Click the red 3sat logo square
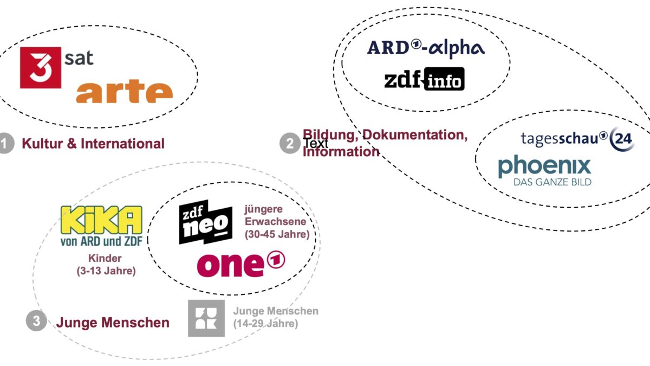click(x=41, y=67)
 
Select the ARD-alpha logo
click(x=426, y=48)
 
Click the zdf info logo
click(x=424, y=80)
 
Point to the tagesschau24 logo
click(x=576, y=138)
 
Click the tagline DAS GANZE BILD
click(x=552, y=182)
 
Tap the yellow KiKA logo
click(x=101, y=220)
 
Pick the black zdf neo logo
click(x=206, y=222)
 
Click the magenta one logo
click(x=240, y=264)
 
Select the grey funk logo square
click(x=206, y=318)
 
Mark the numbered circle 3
click(x=36, y=321)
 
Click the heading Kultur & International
click(x=93, y=144)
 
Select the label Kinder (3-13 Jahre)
click(x=106, y=264)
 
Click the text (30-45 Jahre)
click(x=277, y=235)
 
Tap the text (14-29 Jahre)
click(x=265, y=324)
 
